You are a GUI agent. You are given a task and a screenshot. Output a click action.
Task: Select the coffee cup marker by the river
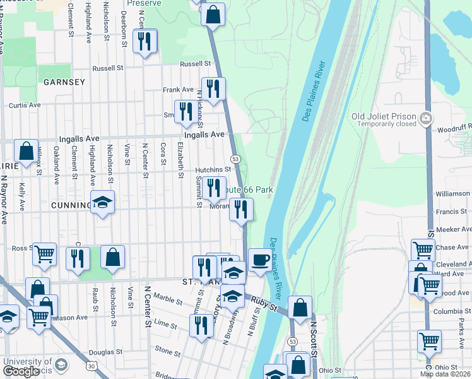click(259, 260)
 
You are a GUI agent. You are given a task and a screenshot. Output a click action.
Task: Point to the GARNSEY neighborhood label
click(64, 82)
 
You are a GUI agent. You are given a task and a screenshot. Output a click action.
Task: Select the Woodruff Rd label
click(453, 129)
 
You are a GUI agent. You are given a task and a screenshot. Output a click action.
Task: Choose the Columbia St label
click(452, 311)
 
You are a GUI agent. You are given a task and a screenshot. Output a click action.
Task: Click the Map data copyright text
click(445, 374)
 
